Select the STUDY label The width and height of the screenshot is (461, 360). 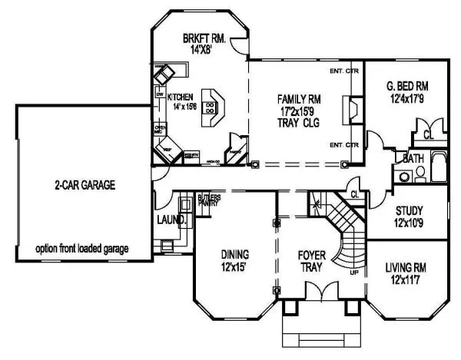click(410, 211)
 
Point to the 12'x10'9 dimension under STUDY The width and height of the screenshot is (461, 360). click(410, 223)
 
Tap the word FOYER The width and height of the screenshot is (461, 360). click(313, 254)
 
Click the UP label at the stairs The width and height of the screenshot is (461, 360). click(353, 272)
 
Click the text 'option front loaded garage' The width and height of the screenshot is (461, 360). click(81, 249)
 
